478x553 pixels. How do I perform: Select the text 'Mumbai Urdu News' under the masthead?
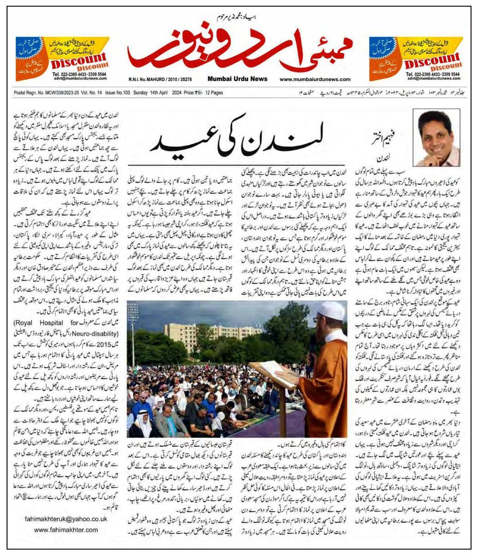[x=237, y=79]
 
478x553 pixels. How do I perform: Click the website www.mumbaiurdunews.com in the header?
[x=315, y=79]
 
